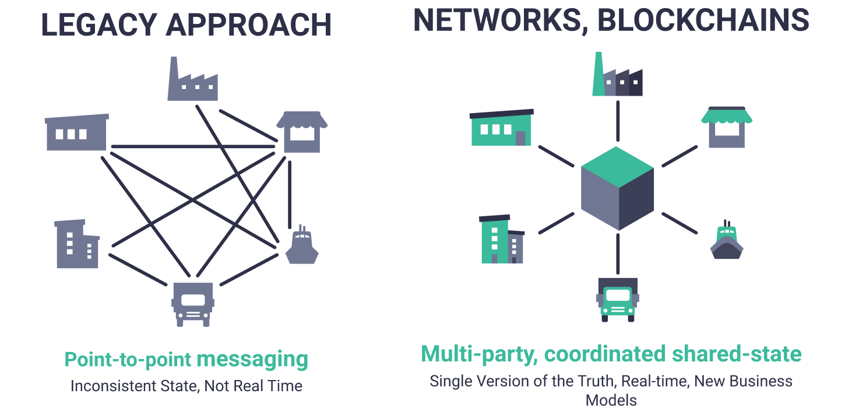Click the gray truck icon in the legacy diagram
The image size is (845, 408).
(192, 304)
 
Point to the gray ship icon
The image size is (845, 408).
(302, 247)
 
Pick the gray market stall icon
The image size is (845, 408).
(302, 132)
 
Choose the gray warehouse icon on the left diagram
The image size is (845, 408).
(76, 132)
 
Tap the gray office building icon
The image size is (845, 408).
(76, 244)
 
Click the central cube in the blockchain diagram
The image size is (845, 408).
(617, 188)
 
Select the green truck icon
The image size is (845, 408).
(617, 299)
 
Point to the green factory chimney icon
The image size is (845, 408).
(617, 76)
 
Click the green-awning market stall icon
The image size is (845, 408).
(726, 127)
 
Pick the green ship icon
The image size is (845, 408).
(726, 241)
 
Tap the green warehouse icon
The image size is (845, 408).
(501, 128)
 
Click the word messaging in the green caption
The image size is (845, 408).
(252, 359)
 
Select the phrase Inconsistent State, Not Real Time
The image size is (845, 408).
(186, 386)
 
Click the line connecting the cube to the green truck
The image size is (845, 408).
(617, 253)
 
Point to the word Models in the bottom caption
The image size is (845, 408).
(611, 400)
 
